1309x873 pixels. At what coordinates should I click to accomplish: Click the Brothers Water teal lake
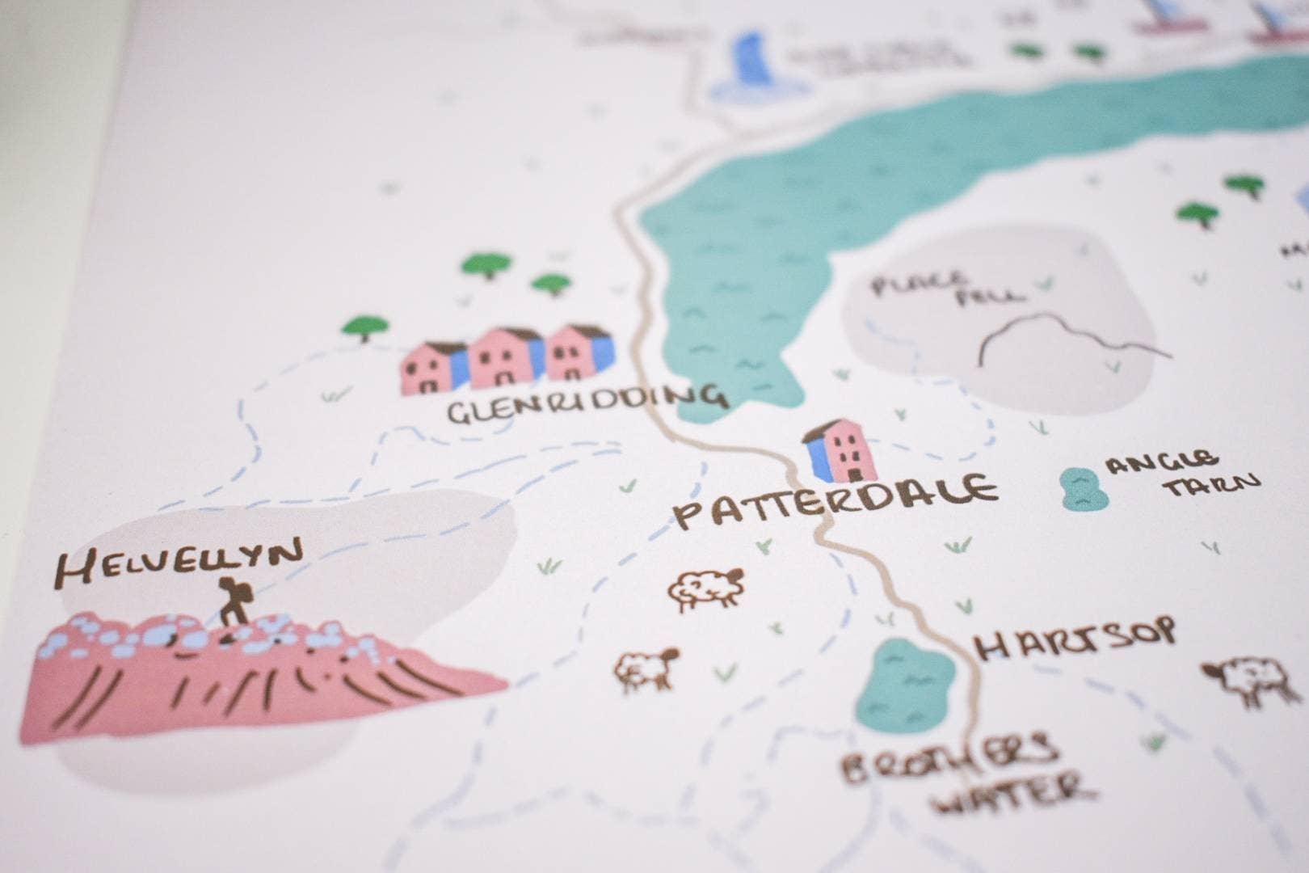(905, 687)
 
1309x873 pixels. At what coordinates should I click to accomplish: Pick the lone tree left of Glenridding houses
(365, 327)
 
